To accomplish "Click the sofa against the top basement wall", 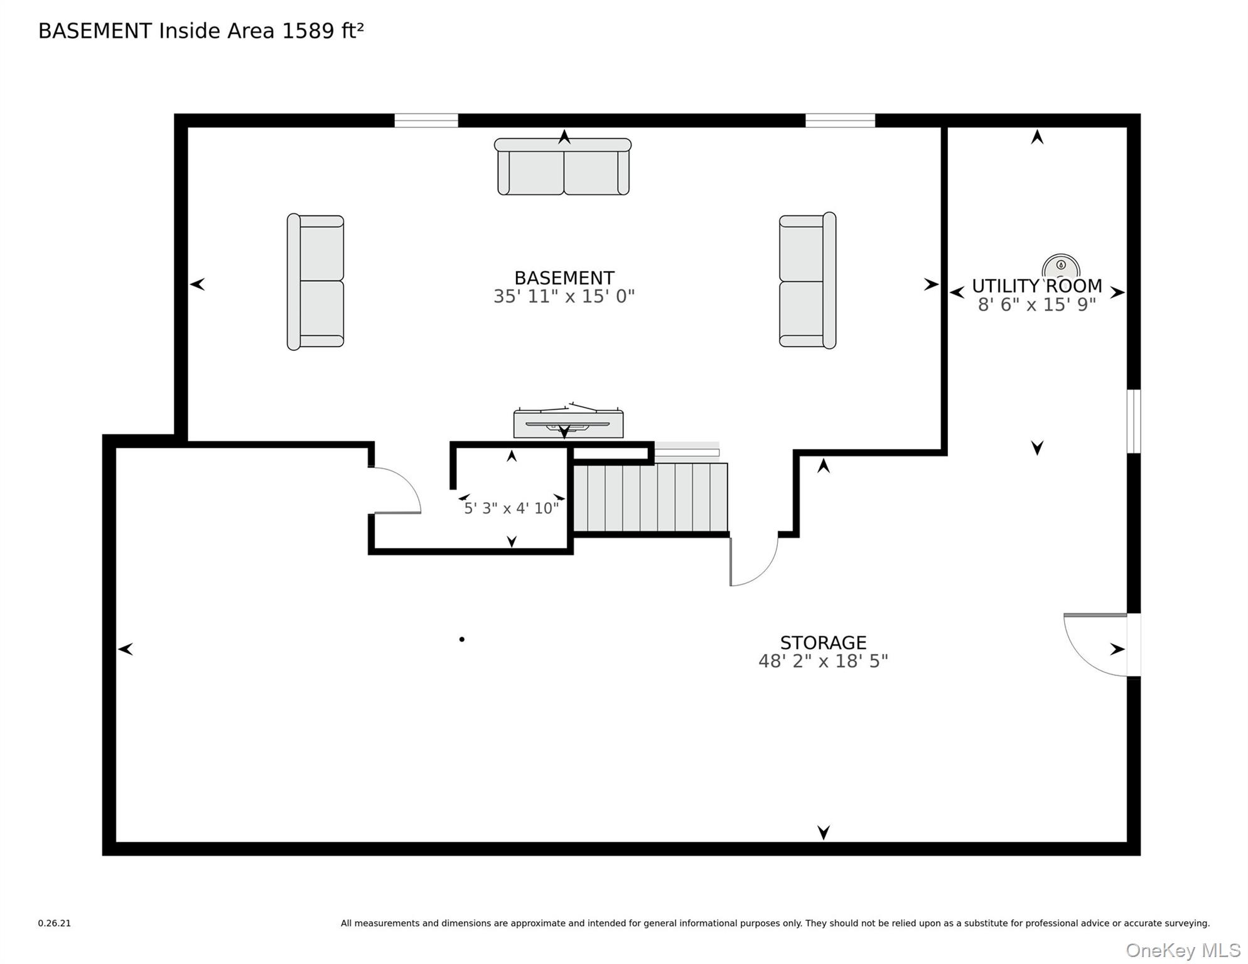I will click(563, 167).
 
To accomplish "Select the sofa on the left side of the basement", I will click(315, 281).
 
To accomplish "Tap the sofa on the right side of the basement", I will click(807, 281).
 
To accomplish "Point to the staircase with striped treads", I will click(650, 497).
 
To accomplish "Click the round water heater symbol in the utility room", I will click(1061, 267).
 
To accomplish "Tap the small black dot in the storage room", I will click(462, 640).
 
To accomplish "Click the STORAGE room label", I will click(823, 643).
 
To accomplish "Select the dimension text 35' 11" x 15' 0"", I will click(564, 296).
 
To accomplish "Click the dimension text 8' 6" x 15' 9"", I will click(1036, 304).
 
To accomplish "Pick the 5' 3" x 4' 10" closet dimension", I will click(511, 508).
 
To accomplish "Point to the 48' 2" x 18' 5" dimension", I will click(823, 661).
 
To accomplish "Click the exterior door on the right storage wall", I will click(1099, 645).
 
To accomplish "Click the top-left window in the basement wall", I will click(426, 120).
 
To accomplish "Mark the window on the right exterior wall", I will click(1133, 421).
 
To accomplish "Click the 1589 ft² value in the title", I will click(323, 31).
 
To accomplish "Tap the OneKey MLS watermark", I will click(1183, 950).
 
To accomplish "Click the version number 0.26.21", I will click(55, 923).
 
